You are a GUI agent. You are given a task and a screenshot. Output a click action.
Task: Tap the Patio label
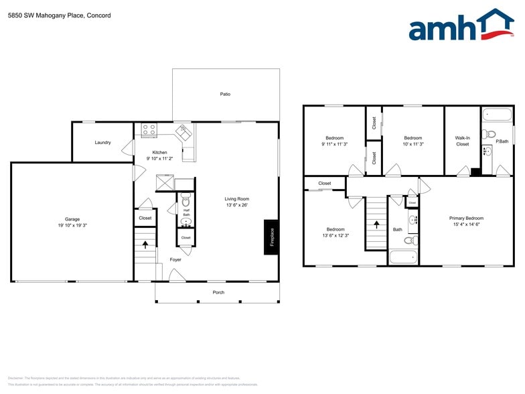tap(225, 94)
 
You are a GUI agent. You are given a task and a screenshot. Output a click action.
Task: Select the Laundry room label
tap(102, 142)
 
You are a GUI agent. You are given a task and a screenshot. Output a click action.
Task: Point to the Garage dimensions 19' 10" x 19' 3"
tap(72, 225)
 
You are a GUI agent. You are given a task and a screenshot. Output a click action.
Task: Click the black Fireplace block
tap(271, 237)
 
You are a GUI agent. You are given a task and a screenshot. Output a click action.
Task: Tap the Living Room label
tap(236, 198)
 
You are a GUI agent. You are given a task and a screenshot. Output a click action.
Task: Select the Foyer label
tap(175, 259)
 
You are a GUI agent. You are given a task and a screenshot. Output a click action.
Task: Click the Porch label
tap(218, 292)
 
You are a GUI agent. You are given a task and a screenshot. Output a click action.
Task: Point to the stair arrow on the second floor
tap(376, 224)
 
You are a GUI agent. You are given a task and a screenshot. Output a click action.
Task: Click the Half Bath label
tap(186, 212)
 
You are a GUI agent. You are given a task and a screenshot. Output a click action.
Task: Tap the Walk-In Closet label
tap(463, 141)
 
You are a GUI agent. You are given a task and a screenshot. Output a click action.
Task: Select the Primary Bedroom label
tap(466, 218)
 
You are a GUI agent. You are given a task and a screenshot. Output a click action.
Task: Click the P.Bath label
tap(502, 141)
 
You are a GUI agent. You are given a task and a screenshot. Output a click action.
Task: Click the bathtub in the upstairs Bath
tap(404, 257)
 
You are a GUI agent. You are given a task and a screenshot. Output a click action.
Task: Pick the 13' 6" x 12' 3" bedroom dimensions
tap(335, 235)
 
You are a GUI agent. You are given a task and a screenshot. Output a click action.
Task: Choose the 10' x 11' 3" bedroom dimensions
tap(412, 144)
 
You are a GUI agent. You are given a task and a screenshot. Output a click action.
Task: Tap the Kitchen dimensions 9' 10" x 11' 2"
tap(159, 158)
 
